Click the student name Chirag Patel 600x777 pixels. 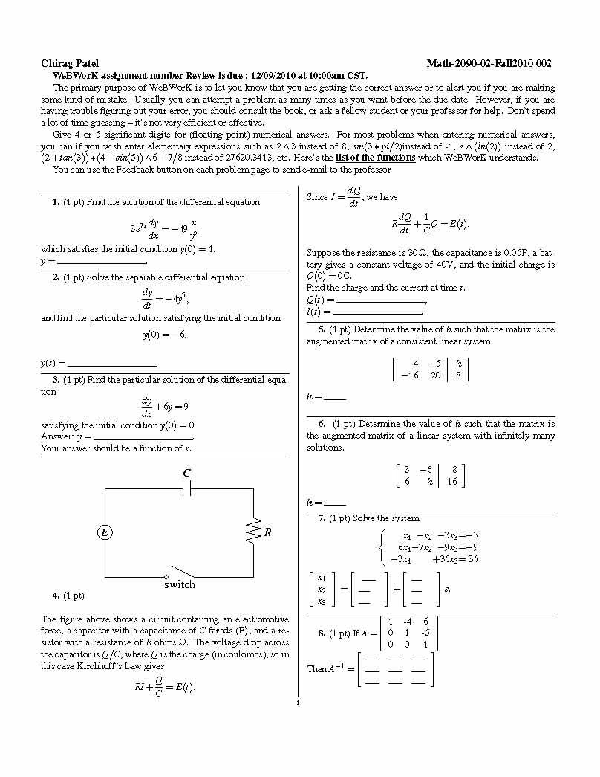(70, 64)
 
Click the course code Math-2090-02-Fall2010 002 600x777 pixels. (489, 64)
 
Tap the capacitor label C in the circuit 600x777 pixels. (187, 474)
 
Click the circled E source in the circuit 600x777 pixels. (105, 532)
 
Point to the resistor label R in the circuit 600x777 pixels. (267, 532)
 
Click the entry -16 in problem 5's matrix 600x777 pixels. (409, 375)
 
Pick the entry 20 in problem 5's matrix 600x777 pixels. (436, 375)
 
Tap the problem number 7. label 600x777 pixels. (322, 518)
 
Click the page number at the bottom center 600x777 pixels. (296, 701)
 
